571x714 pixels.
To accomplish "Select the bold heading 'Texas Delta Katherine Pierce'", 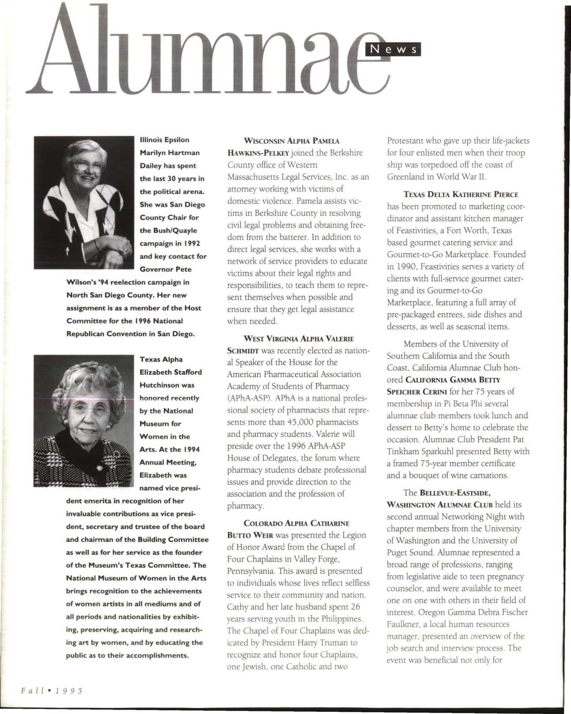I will point(461,194).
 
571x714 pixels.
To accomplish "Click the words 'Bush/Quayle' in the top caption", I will point(174,230).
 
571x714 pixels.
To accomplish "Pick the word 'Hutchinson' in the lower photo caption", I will point(167,385).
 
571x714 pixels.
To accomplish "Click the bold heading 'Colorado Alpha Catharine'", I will point(296,523).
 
